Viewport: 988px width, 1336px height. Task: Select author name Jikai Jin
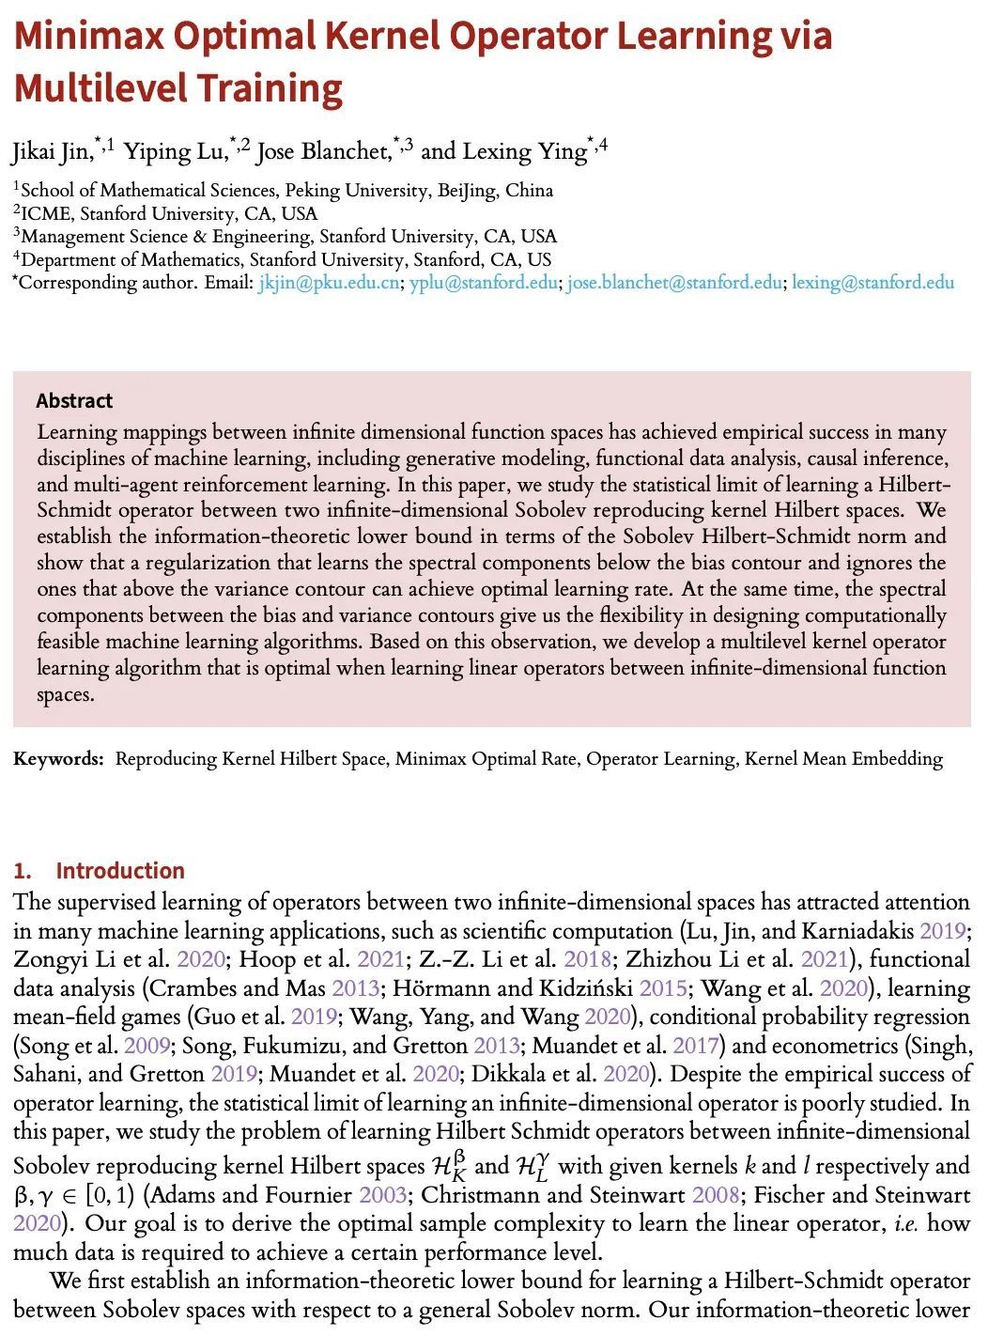coord(52,151)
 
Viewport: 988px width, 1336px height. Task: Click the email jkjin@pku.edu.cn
coord(330,282)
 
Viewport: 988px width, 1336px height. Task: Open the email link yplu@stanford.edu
coord(484,282)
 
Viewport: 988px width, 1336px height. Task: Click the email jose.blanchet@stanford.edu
coord(674,282)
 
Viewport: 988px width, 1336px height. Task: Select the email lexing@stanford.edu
coord(873,282)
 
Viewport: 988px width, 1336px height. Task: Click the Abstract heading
coord(74,401)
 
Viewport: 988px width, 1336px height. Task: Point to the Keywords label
coord(58,758)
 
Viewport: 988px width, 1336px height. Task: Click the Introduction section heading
coord(120,870)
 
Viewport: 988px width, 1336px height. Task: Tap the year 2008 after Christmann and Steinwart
coord(716,1195)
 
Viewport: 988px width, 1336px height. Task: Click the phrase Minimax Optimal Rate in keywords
coord(486,758)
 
